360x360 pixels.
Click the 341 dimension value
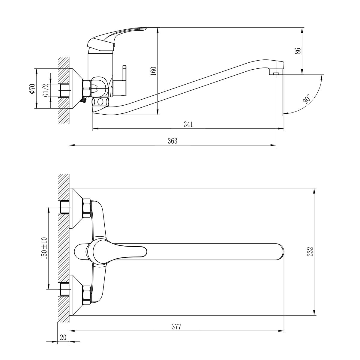(188, 124)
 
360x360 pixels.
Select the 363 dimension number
(172, 141)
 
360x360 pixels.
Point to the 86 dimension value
(298, 51)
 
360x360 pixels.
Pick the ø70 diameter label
(32, 89)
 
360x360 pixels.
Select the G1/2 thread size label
(46, 90)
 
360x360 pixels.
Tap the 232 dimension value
(310, 251)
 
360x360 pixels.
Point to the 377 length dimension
(176, 327)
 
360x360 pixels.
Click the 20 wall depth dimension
(63, 337)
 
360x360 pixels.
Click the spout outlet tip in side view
(276, 72)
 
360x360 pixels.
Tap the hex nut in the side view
(86, 88)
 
